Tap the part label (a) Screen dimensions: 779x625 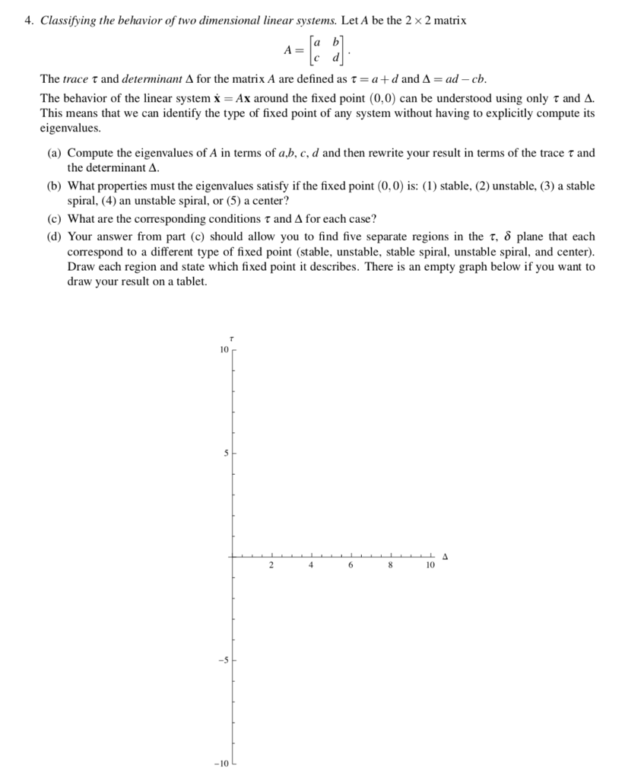[55, 153]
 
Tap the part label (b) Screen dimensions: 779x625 [55, 186]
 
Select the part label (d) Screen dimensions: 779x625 [55, 237]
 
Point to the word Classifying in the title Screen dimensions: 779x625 [68, 21]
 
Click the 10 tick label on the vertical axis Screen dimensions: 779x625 [223, 350]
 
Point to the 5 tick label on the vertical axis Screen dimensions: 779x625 [225, 453]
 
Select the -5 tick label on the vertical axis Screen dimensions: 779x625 [224, 660]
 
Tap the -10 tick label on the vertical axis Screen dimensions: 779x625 [221, 763]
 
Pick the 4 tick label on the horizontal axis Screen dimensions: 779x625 [311, 566]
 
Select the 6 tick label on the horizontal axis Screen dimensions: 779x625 [351, 566]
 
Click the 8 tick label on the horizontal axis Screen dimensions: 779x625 [390, 566]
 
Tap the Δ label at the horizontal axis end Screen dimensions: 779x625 [446, 557]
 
